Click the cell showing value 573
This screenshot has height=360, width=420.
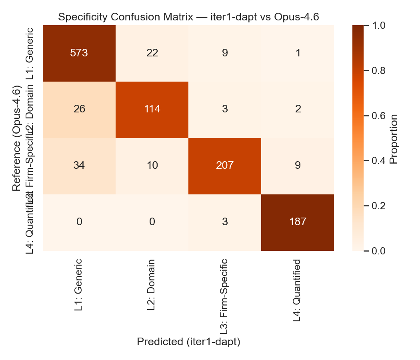(79, 53)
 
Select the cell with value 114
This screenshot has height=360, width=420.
(152, 109)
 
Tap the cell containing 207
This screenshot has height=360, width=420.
(225, 166)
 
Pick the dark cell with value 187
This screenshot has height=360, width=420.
(298, 222)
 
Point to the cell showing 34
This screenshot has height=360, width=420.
(79, 166)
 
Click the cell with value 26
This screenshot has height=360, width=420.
(79, 109)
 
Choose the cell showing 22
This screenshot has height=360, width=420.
(152, 53)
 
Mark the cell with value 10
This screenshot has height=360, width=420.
(152, 166)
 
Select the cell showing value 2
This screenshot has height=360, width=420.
(298, 109)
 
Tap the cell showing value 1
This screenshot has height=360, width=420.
(298, 53)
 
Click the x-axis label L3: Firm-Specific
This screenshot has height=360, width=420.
(225, 296)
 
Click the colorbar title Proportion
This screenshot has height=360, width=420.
(394, 138)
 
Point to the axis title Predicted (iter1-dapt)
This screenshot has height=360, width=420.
(188, 342)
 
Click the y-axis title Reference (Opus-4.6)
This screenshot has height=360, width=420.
(16, 138)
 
